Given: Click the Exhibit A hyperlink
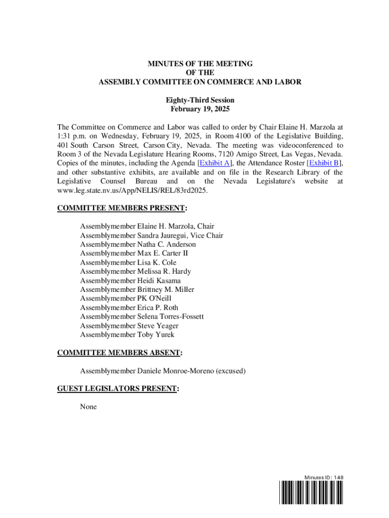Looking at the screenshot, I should pos(215,163).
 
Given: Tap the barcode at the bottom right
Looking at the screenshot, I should pos(310,492).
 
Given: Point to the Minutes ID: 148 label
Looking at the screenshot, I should pos(324,477).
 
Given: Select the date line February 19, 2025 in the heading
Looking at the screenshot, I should pos(200,109).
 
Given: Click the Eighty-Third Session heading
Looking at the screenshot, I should pos(200,100).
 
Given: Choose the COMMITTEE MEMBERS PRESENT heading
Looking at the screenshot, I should pos(122,208).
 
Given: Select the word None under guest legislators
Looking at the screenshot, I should pos(88,407).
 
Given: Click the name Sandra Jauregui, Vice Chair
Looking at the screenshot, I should pos(180,235).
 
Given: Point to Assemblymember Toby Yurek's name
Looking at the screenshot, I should pos(156,334).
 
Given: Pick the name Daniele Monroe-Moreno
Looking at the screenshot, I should pos(176,371).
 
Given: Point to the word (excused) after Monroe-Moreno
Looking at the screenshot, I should pos(231,371).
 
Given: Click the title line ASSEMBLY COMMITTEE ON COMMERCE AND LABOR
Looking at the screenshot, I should pos(200,82).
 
